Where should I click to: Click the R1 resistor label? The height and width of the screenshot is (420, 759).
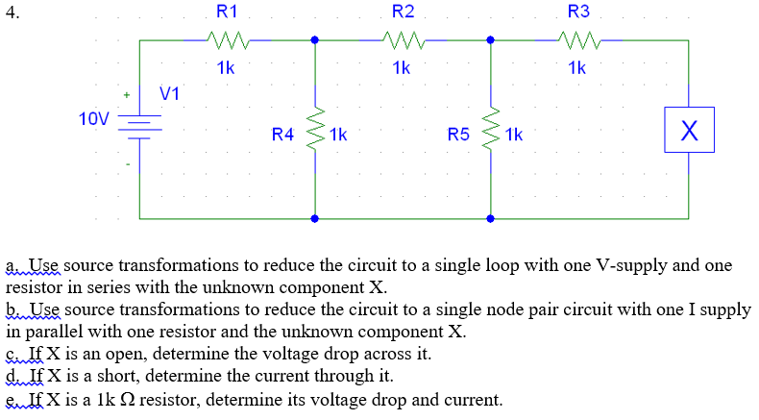[x=228, y=12]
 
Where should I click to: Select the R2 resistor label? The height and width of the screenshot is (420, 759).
[x=404, y=12]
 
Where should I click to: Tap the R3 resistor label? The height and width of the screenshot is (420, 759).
[x=578, y=12]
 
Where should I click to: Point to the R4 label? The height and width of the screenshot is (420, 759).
[x=282, y=135]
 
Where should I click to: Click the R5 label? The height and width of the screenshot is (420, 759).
[x=458, y=135]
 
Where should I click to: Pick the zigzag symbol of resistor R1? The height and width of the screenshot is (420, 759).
[x=228, y=40]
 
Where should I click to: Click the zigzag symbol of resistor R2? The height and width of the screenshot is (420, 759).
[x=404, y=40]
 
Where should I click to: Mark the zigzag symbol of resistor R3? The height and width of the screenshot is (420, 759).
[x=578, y=40]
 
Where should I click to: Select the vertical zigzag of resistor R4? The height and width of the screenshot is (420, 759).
[x=315, y=130]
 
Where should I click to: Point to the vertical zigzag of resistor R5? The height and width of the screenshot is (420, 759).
[x=491, y=130]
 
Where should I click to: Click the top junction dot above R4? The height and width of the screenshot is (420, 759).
[x=315, y=40]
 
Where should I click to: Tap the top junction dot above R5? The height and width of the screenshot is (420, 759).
[x=491, y=40]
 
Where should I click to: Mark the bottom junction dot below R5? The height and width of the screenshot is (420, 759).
[x=491, y=219]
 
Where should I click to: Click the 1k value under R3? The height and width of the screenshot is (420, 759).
[x=576, y=68]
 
